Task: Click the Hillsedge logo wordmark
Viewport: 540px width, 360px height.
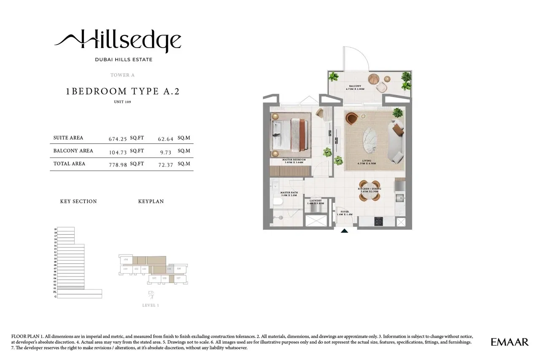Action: [118, 40]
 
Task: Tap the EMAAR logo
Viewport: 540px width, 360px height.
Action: [509, 342]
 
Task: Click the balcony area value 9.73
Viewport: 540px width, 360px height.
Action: [165, 151]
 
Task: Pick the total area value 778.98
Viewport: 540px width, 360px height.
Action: [118, 164]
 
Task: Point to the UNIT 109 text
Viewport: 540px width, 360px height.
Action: [122, 102]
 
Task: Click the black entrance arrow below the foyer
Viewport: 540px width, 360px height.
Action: [345, 231]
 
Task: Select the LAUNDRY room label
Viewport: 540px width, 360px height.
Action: [316, 201]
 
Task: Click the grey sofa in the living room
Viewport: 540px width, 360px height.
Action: [396, 141]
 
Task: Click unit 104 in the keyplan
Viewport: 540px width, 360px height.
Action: [126, 260]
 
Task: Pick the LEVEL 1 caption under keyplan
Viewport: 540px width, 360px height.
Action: [151, 305]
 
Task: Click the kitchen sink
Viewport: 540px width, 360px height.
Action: [399, 197]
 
